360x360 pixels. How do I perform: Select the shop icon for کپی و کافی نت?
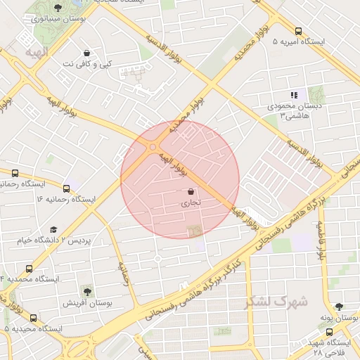[x=86, y=53]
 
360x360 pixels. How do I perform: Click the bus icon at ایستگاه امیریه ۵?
[x=299, y=31]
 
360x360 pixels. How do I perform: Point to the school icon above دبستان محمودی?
[x=294, y=95]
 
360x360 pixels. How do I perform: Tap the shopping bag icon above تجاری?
[x=191, y=191]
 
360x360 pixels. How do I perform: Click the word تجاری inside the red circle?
[x=191, y=202]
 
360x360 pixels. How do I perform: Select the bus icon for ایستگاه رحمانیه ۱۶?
[x=67, y=188]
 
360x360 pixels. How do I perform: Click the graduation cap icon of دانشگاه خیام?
[x=54, y=229]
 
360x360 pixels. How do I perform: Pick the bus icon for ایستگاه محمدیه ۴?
[x=29, y=269]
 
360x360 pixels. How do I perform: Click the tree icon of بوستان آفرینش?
[x=86, y=291]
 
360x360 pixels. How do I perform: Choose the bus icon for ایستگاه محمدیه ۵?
[x=33, y=318]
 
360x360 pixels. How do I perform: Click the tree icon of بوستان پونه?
[x=340, y=307]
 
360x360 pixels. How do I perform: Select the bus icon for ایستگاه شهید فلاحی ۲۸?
[x=329, y=332]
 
